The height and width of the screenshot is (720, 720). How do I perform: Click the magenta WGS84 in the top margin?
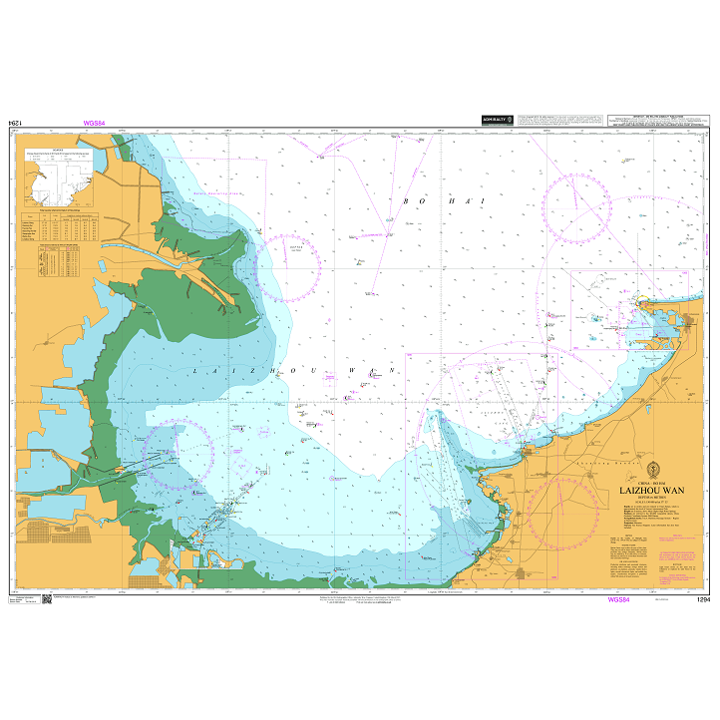96,124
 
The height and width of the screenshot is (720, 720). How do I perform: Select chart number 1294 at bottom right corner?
703,600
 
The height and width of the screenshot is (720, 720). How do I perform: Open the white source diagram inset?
63,176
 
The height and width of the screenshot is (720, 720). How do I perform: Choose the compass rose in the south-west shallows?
178,454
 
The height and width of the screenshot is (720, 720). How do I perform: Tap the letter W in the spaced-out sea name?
350,370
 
